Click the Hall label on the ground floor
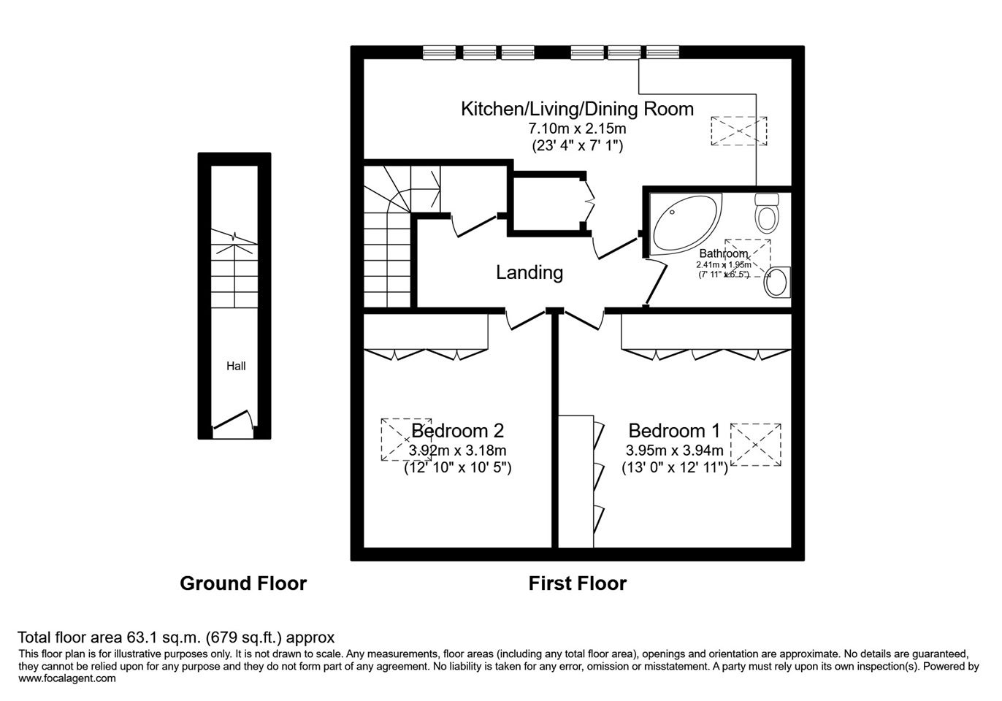click(236, 367)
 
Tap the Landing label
click(529, 272)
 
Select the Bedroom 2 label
click(458, 431)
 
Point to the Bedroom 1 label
click(674, 431)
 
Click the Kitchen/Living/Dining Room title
click(577, 109)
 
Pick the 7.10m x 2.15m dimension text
click(577, 129)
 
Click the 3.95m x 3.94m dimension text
click(675, 450)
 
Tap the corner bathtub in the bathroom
click(687, 224)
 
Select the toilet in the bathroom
click(767, 213)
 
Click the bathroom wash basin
click(777, 283)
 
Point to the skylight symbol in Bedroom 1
click(756, 445)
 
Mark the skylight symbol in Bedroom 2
click(406, 440)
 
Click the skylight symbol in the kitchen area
click(739, 131)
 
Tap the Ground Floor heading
click(243, 583)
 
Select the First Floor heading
click(578, 583)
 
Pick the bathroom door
click(656, 285)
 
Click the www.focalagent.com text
click(67, 678)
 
